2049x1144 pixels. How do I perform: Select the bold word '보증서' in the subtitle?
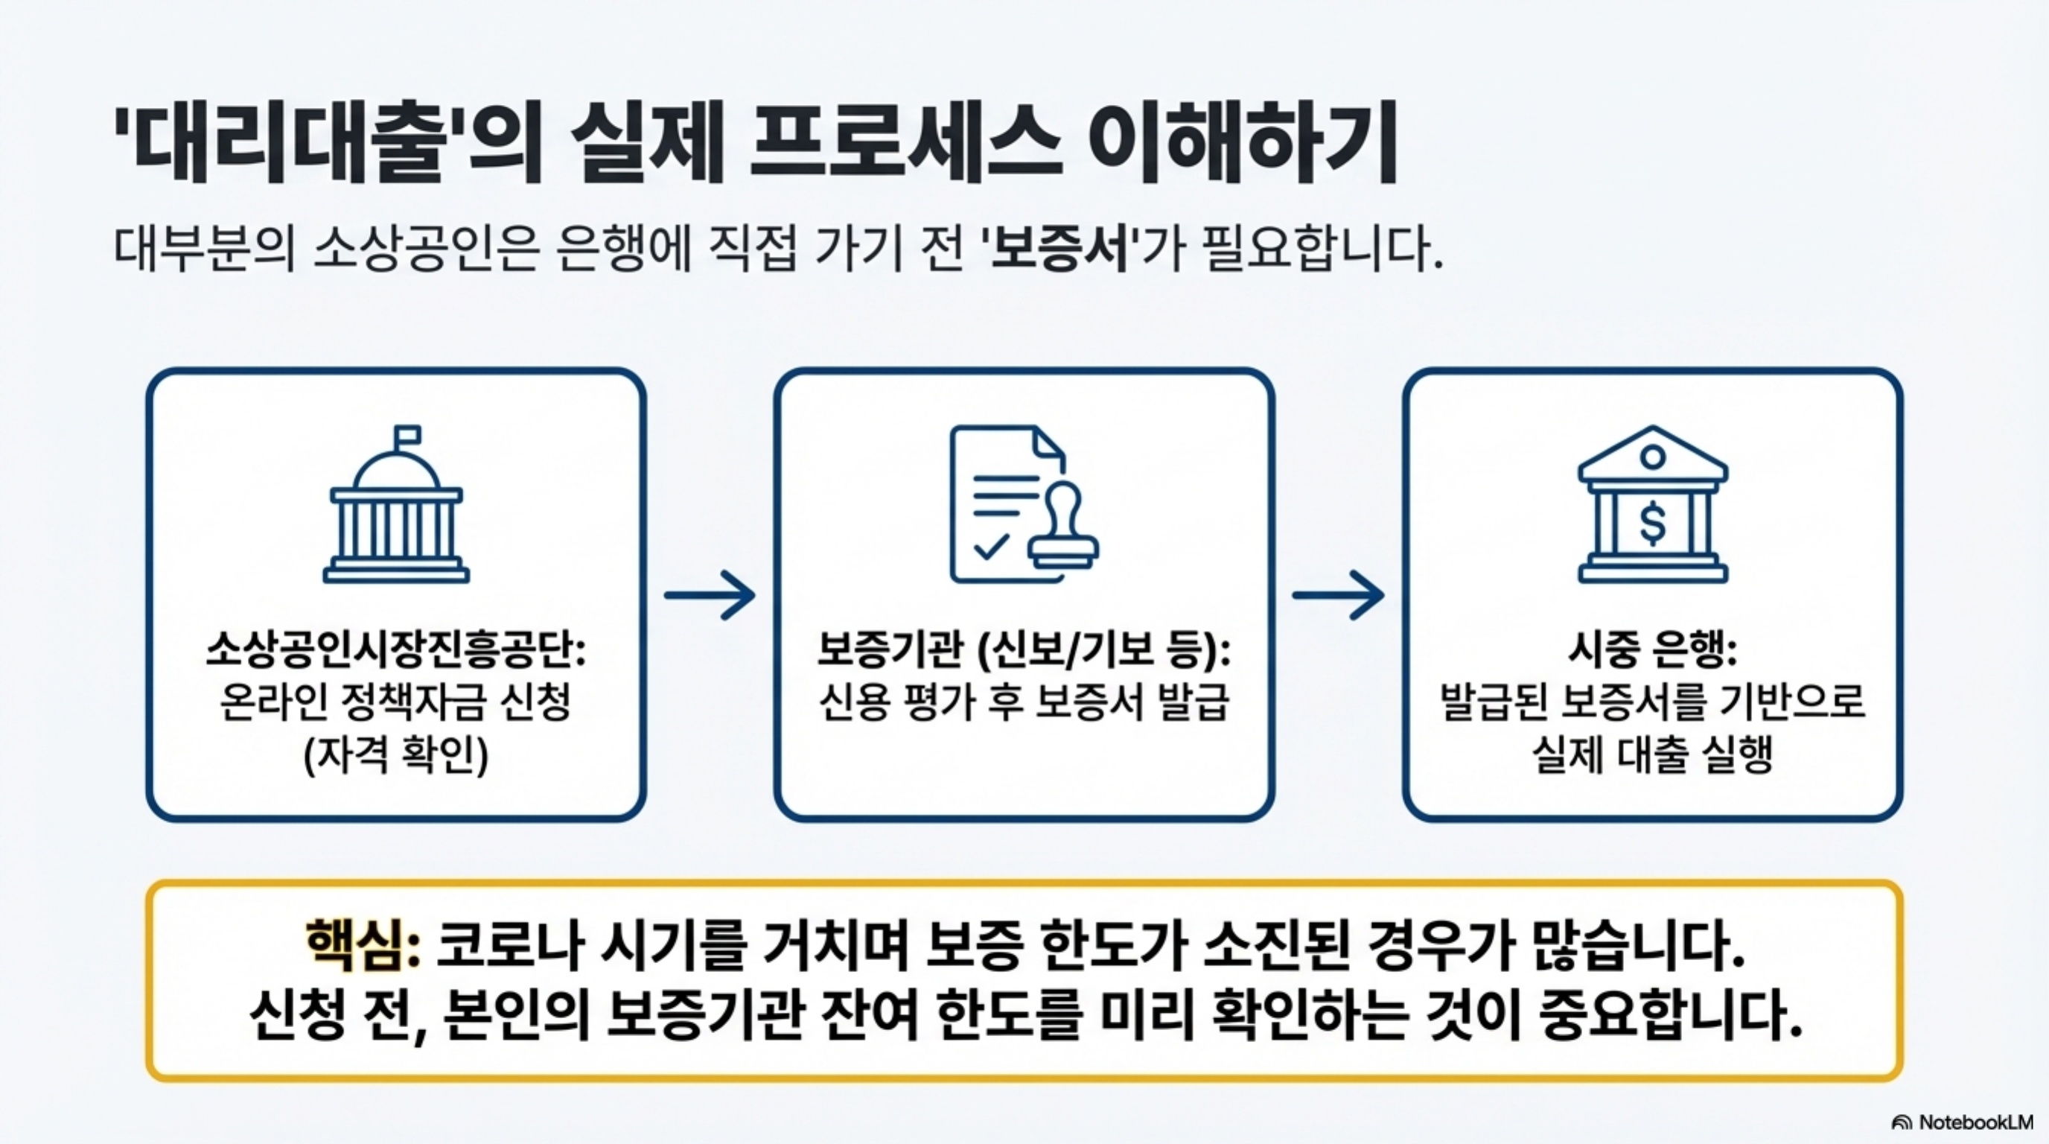[1059, 250]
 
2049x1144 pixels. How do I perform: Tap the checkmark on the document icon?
[991, 547]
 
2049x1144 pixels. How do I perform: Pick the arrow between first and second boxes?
[710, 594]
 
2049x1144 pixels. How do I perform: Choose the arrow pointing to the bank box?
[1338, 594]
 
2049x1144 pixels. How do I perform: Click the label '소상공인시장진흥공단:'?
[396, 651]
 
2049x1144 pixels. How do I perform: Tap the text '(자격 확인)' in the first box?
[396, 754]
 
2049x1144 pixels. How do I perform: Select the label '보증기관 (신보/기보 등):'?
[1024, 651]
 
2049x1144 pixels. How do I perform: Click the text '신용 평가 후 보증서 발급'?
[1024, 702]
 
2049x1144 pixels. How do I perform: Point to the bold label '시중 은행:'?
[1653, 651]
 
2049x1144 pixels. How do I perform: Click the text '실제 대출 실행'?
[1653, 754]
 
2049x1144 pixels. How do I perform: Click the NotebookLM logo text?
[1975, 1122]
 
